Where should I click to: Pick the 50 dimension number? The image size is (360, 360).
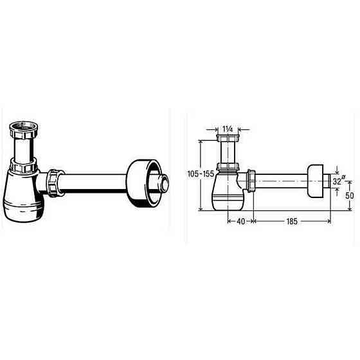350,195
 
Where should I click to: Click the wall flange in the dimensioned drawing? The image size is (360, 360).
316,180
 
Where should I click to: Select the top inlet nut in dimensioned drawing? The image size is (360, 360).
227,140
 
